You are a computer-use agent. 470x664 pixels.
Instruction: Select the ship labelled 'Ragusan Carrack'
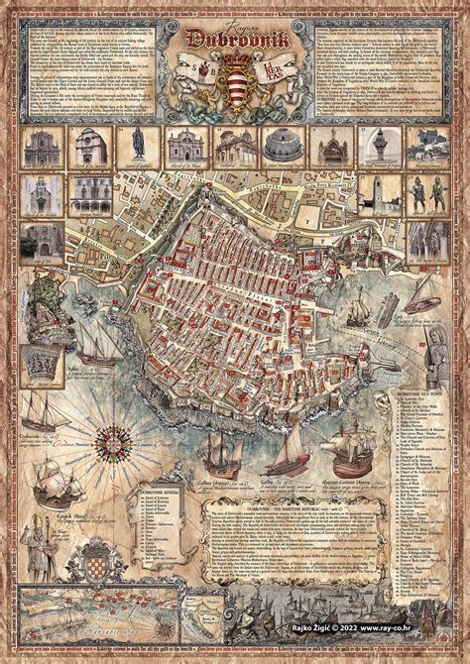pos(352,446)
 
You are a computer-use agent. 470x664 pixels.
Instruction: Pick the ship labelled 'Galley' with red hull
pos(286,456)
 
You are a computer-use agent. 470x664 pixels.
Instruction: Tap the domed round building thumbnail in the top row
pos(281,145)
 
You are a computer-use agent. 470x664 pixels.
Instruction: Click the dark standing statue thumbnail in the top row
pos(139,145)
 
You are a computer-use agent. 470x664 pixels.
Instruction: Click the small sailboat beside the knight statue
pos(423,293)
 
